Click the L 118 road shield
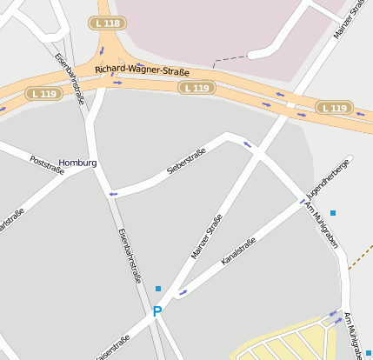(x=106, y=23)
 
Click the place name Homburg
(x=77, y=163)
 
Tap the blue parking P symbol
(x=157, y=310)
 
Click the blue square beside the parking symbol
(x=157, y=289)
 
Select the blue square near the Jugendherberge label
(x=332, y=212)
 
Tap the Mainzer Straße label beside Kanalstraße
(x=207, y=236)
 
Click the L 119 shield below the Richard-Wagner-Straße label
(x=197, y=88)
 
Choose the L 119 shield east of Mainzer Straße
(x=334, y=108)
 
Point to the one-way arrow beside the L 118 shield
(x=101, y=50)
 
